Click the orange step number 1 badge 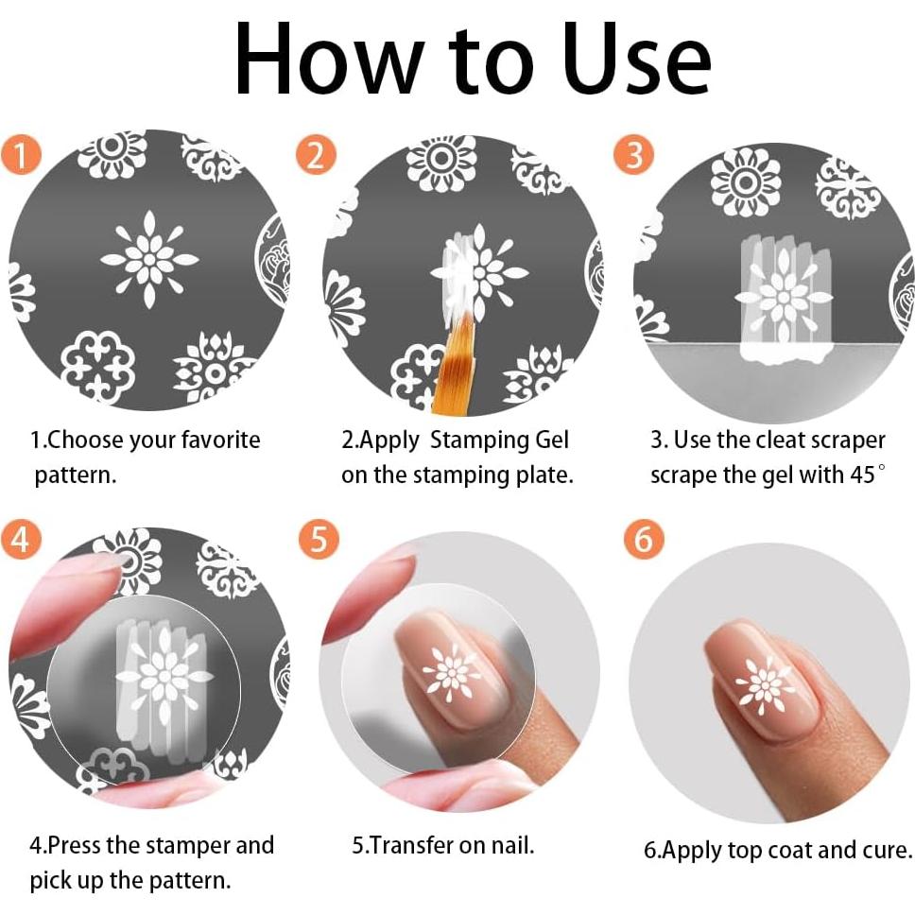(x=21, y=155)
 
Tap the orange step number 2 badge (x=317, y=155)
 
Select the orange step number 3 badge (x=633, y=155)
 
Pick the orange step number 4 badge (x=21, y=538)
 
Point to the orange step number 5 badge (x=319, y=538)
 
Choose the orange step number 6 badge (x=644, y=538)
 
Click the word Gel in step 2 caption (x=551, y=440)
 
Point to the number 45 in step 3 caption (x=863, y=475)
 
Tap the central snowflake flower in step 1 (x=149, y=259)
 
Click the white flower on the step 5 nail (x=452, y=672)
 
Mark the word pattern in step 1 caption (x=75, y=475)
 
